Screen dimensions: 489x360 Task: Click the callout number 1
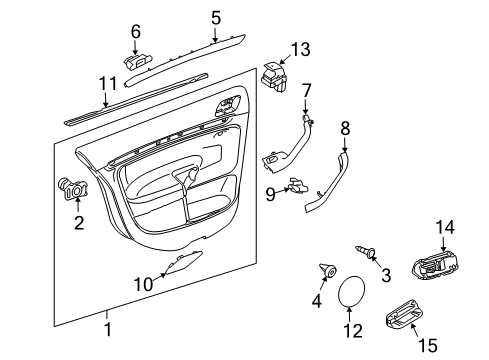pos(108,329)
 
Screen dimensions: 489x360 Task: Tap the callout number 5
pos(216,17)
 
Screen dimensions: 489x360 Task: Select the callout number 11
pos(108,83)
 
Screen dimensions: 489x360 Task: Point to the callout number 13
pos(301,49)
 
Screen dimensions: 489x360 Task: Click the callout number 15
pos(428,345)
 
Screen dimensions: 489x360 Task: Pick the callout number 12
pos(353,331)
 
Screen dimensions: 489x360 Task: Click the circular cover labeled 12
pos(351,291)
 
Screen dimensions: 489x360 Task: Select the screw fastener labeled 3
pos(366,251)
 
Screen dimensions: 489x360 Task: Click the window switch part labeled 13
pos(274,77)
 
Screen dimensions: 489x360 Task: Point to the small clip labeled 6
pos(137,61)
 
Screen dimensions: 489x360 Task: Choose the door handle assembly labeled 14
pos(435,265)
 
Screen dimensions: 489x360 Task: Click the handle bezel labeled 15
pos(404,315)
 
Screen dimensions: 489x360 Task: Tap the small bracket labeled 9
pos(298,186)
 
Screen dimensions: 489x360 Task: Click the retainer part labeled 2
pos(73,189)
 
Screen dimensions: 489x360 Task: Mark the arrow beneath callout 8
pos(344,145)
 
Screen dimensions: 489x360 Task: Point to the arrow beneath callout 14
pos(443,243)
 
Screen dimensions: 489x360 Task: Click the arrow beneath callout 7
pos(306,106)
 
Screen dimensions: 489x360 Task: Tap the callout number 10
pos(143,284)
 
